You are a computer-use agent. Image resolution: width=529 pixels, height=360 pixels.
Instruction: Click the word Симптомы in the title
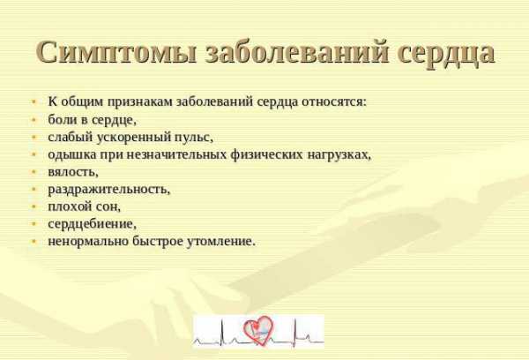click(x=115, y=53)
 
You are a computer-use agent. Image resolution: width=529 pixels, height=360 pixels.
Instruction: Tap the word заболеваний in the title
click(x=295, y=53)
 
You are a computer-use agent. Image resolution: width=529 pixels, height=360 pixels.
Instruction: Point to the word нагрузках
click(x=339, y=155)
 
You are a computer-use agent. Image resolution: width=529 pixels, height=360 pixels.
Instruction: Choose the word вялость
click(x=73, y=172)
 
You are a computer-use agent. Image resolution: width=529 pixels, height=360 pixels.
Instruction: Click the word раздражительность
click(x=109, y=190)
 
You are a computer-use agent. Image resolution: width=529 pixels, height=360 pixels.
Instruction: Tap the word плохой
click(x=70, y=206)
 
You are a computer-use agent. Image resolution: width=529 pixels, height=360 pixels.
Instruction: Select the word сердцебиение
click(x=92, y=224)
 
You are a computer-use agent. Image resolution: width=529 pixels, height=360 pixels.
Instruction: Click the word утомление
click(x=220, y=242)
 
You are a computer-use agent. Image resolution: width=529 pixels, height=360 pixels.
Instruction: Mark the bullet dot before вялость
click(x=34, y=172)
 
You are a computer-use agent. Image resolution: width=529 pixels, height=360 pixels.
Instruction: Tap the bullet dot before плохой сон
click(x=34, y=206)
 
